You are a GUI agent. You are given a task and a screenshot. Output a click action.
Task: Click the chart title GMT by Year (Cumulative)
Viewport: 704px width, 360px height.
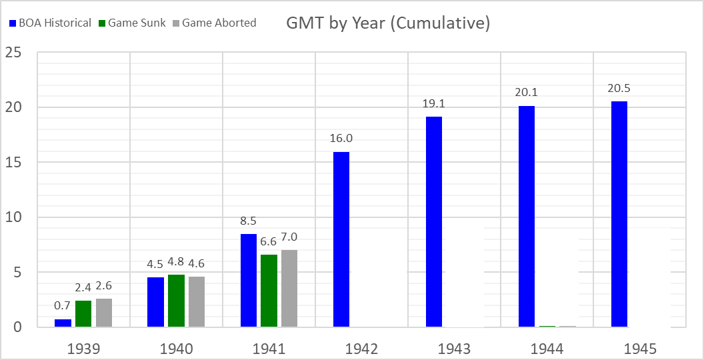click(388, 23)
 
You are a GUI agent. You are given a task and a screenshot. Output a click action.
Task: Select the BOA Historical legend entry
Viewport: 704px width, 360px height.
click(51, 23)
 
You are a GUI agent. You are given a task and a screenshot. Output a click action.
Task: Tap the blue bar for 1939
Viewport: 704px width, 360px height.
click(63, 323)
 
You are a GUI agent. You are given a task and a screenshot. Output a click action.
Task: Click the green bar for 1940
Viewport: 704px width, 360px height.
click(176, 301)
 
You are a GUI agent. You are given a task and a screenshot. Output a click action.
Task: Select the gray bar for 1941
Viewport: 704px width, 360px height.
click(289, 289)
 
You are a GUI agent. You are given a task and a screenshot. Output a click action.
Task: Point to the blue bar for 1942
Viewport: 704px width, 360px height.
click(341, 239)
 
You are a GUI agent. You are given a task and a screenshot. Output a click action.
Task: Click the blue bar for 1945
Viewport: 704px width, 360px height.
click(619, 214)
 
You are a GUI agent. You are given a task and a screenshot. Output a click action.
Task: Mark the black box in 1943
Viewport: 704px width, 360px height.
click(464, 277)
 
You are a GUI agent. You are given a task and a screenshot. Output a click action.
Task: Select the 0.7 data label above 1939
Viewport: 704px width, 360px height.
click(63, 307)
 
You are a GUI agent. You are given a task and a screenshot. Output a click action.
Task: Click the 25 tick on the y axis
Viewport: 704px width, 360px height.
click(13, 52)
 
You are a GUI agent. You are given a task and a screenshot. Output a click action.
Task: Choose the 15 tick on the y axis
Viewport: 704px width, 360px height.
click(13, 162)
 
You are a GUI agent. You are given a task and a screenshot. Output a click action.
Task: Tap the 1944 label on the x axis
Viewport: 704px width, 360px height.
click(547, 349)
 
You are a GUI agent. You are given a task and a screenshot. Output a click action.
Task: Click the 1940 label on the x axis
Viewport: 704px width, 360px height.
click(176, 349)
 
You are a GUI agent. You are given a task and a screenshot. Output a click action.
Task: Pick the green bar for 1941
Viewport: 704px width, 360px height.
click(269, 291)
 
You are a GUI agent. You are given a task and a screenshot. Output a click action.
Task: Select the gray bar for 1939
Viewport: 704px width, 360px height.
click(104, 313)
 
